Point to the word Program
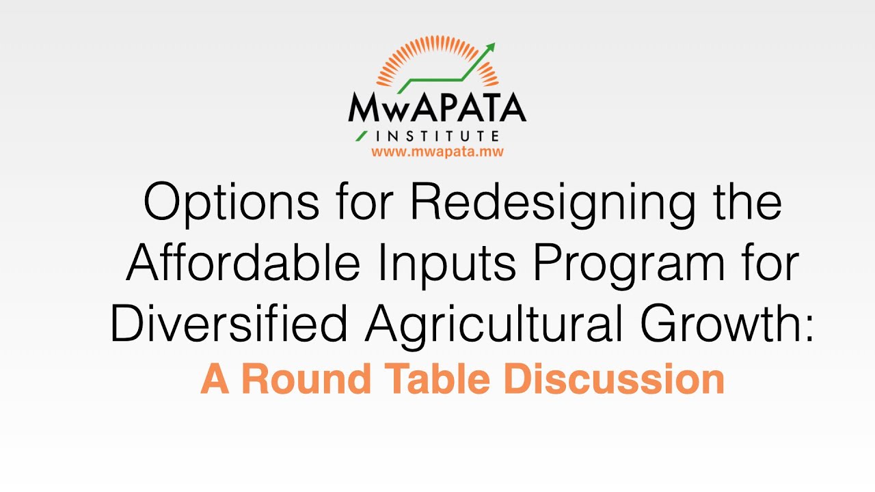(x=629, y=265)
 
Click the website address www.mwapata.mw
(x=437, y=152)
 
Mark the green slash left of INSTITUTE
(x=362, y=135)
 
